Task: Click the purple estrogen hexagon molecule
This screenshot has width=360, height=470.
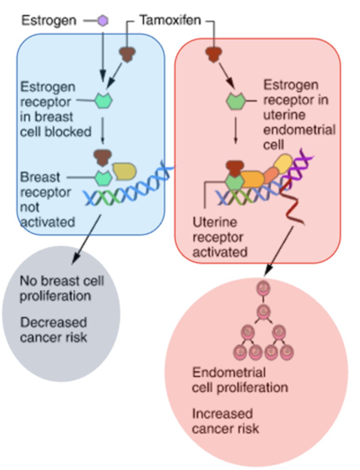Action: pyautogui.click(x=103, y=20)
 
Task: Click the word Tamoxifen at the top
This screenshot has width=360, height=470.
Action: pyautogui.click(x=170, y=20)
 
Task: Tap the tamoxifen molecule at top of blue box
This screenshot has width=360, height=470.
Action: pyautogui.click(x=127, y=54)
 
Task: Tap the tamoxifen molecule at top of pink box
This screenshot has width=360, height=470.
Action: pyautogui.click(x=214, y=55)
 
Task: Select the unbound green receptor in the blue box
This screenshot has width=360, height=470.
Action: pyautogui.click(x=103, y=101)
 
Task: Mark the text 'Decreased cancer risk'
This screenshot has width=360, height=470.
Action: pyautogui.click(x=54, y=330)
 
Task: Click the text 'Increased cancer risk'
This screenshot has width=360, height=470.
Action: pyautogui.click(x=225, y=421)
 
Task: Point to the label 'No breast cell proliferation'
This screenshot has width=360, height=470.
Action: pyautogui.click(x=62, y=288)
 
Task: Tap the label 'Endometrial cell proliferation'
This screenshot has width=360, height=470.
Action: pyautogui.click(x=240, y=380)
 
